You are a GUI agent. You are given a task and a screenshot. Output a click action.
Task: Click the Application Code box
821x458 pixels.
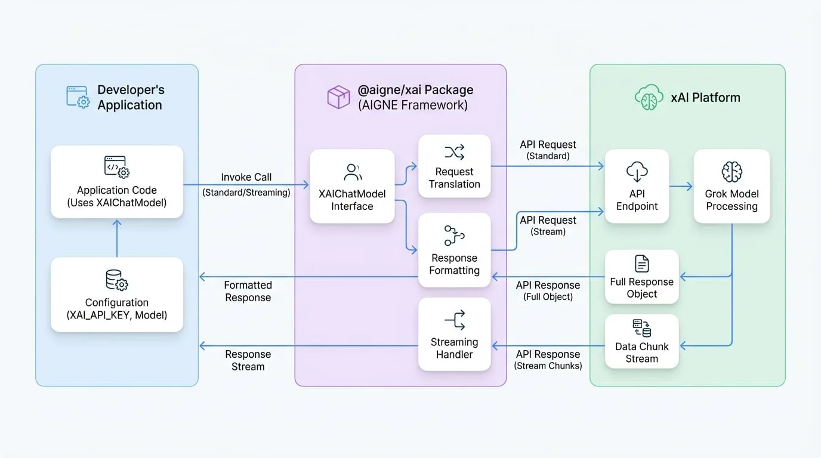[x=117, y=182]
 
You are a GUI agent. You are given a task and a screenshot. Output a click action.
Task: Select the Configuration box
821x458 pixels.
[x=117, y=295]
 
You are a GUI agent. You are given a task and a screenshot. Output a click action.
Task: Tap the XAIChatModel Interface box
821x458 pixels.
[x=352, y=186]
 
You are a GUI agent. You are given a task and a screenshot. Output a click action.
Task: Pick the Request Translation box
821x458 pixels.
[x=455, y=166]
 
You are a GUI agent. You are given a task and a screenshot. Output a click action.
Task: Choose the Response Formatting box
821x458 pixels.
[x=455, y=250]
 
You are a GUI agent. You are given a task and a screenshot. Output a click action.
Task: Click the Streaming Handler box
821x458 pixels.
[x=455, y=334]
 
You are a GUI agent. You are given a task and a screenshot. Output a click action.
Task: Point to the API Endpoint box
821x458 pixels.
[x=637, y=186]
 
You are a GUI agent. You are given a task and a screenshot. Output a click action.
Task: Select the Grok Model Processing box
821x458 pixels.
[x=732, y=186]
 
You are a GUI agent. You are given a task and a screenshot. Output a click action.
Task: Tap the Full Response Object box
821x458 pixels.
[x=642, y=277]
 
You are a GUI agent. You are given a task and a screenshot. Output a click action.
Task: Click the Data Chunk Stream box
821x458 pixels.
[x=642, y=341]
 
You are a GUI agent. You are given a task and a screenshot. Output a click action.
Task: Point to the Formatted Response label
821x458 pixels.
[x=248, y=291]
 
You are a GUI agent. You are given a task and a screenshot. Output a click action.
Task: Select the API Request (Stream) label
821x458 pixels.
[x=548, y=225]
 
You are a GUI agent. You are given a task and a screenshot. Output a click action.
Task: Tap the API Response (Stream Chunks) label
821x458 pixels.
[x=548, y=360]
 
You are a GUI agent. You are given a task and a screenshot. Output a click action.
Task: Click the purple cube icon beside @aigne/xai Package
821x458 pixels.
[x=338, y=97]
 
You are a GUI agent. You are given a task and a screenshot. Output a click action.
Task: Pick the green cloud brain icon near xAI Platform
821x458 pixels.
[x=649, y=97]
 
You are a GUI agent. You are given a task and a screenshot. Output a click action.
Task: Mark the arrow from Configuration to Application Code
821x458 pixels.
[x=117, y=238]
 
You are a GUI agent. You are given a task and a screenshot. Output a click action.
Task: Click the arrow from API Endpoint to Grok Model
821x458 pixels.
[x=681, y=187]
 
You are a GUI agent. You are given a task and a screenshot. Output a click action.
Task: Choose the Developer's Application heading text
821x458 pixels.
[x=131, y=97]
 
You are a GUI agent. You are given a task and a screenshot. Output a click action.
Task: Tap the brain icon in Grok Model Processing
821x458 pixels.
[x=732, y=172]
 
